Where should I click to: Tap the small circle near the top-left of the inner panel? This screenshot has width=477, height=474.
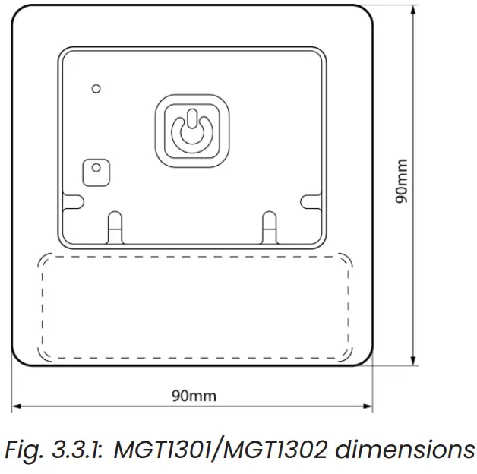pos(96,89)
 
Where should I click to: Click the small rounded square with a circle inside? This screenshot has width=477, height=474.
pos(96,172)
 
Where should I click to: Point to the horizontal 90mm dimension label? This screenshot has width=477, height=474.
pos(194,396)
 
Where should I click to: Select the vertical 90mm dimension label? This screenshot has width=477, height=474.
pos(401,181)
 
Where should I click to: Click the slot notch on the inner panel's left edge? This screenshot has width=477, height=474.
pos(73,202)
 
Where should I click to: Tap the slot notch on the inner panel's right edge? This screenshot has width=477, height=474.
pos(311,202)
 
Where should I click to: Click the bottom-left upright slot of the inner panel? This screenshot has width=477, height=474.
pos(115,228)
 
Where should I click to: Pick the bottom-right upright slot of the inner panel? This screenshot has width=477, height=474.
pos(270,228)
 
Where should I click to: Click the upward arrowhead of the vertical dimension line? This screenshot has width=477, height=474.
pos(412,11)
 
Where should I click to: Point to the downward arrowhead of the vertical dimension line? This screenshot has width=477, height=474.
pos(412,361)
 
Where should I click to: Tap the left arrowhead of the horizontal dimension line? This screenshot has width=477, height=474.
pos(17,406)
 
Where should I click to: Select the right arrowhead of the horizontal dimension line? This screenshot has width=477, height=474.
pos(368,406)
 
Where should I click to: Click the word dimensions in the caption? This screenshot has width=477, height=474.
pos(405,450)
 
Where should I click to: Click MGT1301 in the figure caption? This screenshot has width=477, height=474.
pos(163,450)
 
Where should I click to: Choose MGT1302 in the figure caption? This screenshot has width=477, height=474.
pos(276,450)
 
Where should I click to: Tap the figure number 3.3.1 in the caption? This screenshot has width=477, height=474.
pos(78,450)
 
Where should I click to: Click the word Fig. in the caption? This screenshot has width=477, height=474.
pos(24,451)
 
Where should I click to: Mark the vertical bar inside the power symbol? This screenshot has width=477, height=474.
pos(192,118)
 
